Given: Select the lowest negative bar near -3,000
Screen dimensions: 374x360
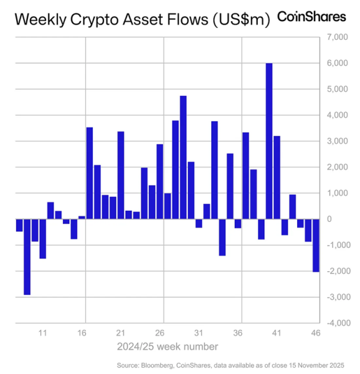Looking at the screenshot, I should [27, 256].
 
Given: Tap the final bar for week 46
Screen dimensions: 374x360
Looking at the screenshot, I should [316, 245].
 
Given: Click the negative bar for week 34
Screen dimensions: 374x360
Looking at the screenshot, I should [222, 237].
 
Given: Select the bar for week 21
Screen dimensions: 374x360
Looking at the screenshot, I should [121, 175].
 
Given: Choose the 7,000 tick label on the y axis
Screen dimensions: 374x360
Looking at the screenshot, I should [331, 37].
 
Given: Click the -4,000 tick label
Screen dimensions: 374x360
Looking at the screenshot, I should [330, 323].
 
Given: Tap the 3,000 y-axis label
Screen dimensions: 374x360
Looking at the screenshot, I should [331, 141].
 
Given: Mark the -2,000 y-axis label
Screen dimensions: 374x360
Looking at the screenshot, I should [330, 271].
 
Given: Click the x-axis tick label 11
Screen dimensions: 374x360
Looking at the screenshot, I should [43, 333].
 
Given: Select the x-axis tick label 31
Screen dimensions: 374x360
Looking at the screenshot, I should [199, 333].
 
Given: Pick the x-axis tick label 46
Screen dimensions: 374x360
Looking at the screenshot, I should [316, 333].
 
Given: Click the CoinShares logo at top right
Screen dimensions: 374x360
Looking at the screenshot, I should [311, 17].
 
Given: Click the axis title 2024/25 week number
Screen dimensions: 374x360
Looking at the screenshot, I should [166, 347].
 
